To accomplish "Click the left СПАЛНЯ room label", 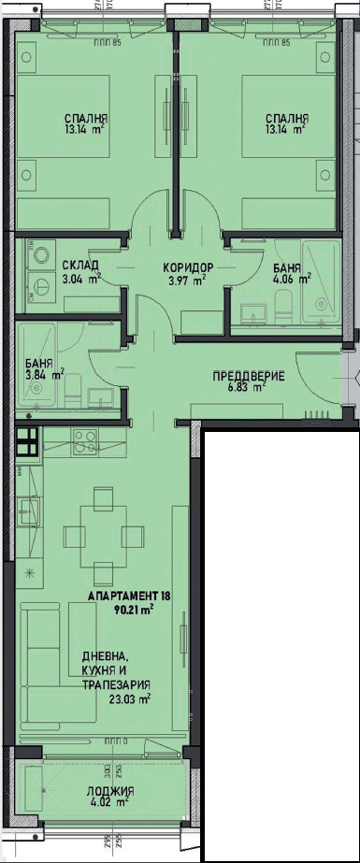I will pyautogui.click(x=86, y=119).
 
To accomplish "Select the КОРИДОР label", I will pyautogui.click(x=188, y=267).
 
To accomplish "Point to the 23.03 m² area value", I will pyautogui.click(x=130, y=698).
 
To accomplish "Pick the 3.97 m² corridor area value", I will pyautogui.click(x=186, y=279).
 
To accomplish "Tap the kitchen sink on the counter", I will pyautogui.click(x=28, y=511).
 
